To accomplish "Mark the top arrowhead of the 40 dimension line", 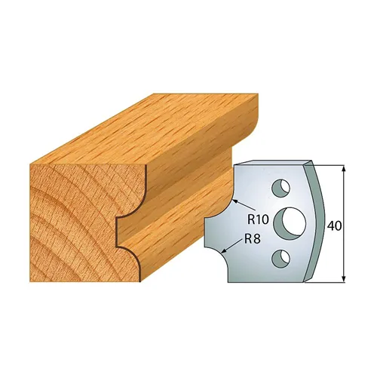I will [344, 168].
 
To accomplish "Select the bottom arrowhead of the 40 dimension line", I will [344, 279].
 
